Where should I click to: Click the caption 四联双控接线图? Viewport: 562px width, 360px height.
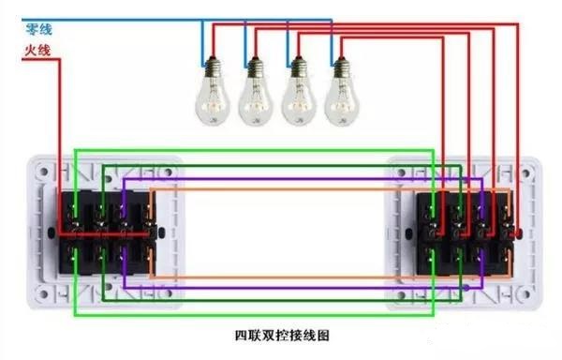click(x=281, y=334)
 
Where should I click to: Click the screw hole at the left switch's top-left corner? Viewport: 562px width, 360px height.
click(x=42, y=172)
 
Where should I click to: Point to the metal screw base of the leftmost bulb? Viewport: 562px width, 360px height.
click(x=212, y=66)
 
